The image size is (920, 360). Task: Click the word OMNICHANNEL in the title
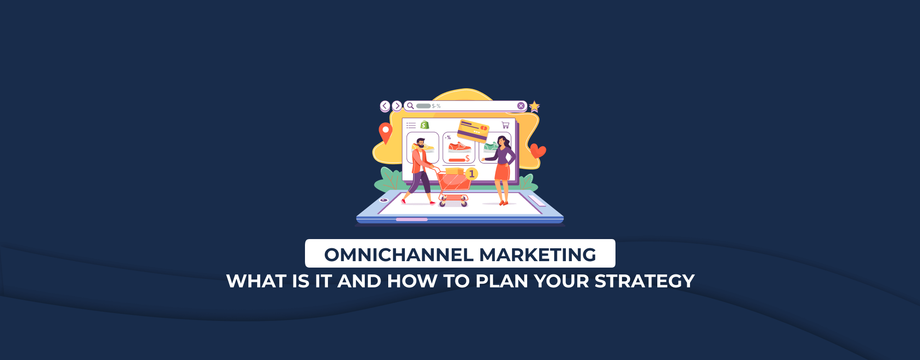[399, 255]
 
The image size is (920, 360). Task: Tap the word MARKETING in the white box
[538, 255]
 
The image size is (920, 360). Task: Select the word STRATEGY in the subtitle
[644, 281]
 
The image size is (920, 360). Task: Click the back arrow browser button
[385, 106]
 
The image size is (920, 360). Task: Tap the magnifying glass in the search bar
[410, 106]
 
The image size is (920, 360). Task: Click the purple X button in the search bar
[521, 106]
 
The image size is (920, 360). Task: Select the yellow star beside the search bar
[534, 107]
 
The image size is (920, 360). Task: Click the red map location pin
[385, 132]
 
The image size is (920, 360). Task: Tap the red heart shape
[537, 150]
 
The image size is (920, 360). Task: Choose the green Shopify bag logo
[425, 125]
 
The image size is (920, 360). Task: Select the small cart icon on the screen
[505, 125]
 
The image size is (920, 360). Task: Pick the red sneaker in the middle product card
[460, 147]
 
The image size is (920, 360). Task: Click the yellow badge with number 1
[471, 174]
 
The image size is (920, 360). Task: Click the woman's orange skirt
[502, 171]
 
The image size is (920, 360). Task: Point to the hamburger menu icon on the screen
[411, 125]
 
